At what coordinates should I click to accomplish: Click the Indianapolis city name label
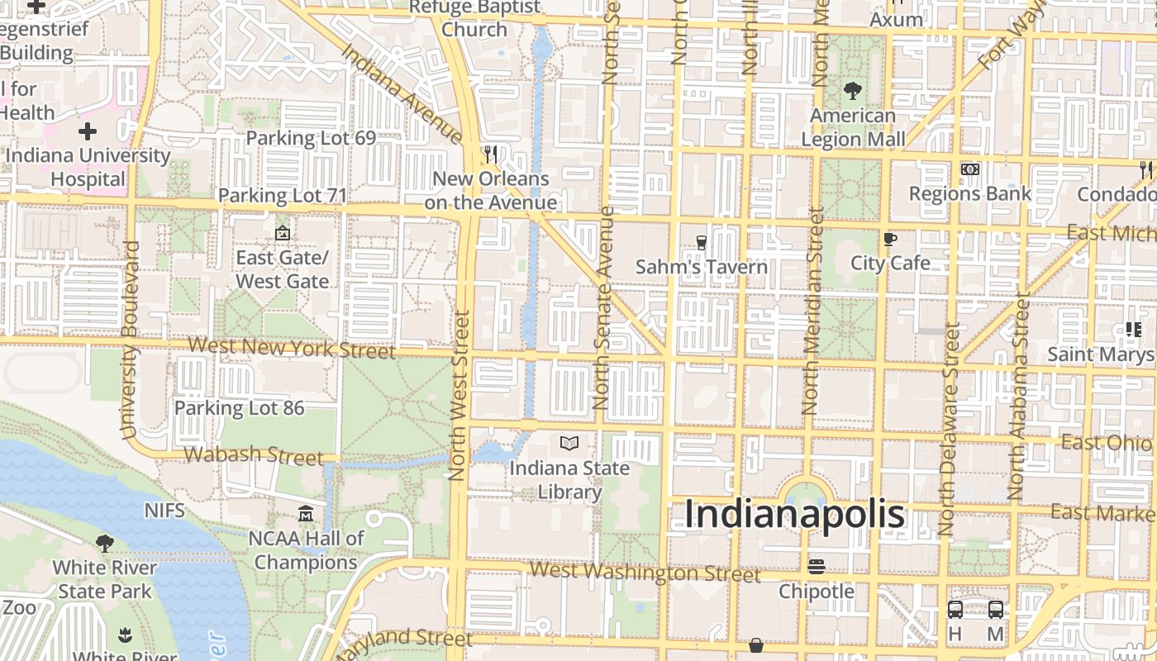[x=794, y=514]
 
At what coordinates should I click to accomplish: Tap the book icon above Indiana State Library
[x=569, y=444]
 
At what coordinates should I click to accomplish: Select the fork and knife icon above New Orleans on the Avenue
[x=491, y=154]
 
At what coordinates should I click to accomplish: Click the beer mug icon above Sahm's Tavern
[x=701, y=242]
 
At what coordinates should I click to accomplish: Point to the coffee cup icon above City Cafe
[x=890, y=239]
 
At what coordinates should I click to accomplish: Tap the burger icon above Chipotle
[x=817, y=567]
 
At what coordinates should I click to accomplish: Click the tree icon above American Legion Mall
[x=852, y=90]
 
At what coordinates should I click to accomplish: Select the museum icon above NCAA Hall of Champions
[x=306, y=514]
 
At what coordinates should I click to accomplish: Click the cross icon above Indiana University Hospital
[x=87, y=131]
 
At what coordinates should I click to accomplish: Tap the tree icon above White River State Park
[x=104, y=543]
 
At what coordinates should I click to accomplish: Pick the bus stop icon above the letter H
[x=955, y=610]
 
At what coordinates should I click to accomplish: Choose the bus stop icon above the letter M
[x=996, y=610]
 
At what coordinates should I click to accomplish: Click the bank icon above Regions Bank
[x=969, y=169]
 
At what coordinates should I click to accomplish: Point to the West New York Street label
[x=292, y=347]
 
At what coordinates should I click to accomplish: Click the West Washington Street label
[x=645, y=572]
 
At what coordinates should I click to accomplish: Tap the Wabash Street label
[x=254, y=454]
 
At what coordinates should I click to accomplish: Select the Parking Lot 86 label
[x=239, y=407]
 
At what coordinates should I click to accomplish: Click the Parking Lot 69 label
[x=311, y=138]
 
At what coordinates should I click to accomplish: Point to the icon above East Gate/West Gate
[x=283, y=234]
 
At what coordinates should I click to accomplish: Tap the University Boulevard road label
[x=130, y=339]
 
